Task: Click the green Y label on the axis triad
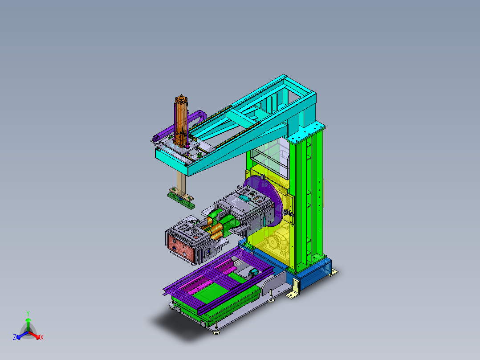[x=28, y=313]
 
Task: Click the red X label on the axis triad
[x=41, y=338]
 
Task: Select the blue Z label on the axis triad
[x=15, y=338]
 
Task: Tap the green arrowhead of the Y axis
[x=28, y=320]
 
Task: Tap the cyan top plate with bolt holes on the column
[x=307, y=133]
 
